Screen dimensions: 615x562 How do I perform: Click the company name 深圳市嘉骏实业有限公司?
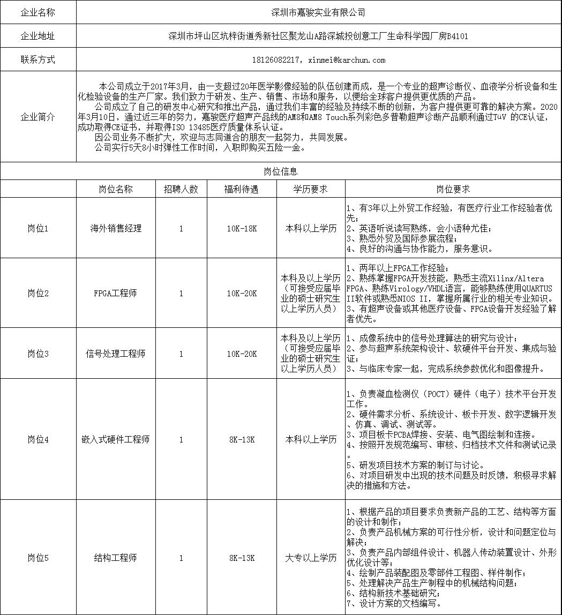(x=319, y=12)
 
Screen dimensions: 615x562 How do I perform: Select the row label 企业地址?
(x=38, y=36)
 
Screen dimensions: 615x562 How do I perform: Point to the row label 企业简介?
(x=38, y=117)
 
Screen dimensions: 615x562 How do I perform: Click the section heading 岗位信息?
(x=281, y=171)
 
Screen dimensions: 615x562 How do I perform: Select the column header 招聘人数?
(x=181, y=189)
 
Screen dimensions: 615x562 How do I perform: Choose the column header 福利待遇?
(x=242, y=189)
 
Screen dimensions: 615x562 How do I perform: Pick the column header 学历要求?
(x=311, y=189)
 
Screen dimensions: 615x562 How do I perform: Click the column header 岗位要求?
(x=453, y=189)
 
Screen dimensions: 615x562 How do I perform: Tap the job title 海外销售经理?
(x=116, y=228)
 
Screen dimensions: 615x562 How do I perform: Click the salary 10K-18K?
(x=242, y=228)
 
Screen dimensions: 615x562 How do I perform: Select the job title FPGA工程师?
(x=116, y=293)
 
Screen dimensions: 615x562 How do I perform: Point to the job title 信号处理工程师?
(x=116, y=354)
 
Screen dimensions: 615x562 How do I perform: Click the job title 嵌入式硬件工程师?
(x=116, y=439)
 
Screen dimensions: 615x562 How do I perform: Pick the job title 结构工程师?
(x=116, y=558)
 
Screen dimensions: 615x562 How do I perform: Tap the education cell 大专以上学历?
(x=311, y=558)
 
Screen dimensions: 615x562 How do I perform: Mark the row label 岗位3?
(x=38, y=354)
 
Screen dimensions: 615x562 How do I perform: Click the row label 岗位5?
(x=38, y=558)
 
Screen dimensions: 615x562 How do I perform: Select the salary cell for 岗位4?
(x=242, y=439)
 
